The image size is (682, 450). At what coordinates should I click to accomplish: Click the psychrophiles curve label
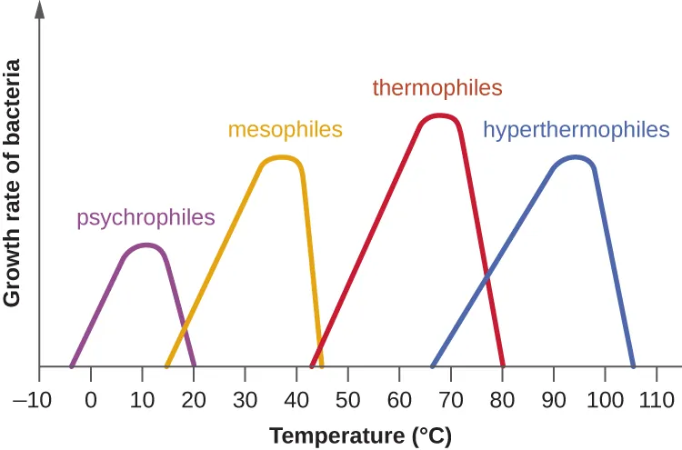145,218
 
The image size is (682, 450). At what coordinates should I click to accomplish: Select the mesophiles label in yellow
285,129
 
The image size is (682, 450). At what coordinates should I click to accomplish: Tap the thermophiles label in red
436,88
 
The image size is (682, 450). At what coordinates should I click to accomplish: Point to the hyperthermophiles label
576,130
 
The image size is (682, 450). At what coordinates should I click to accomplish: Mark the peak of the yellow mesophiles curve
281,157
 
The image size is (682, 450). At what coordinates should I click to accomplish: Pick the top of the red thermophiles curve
440,115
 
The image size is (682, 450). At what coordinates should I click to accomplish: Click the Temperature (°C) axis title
360,435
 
